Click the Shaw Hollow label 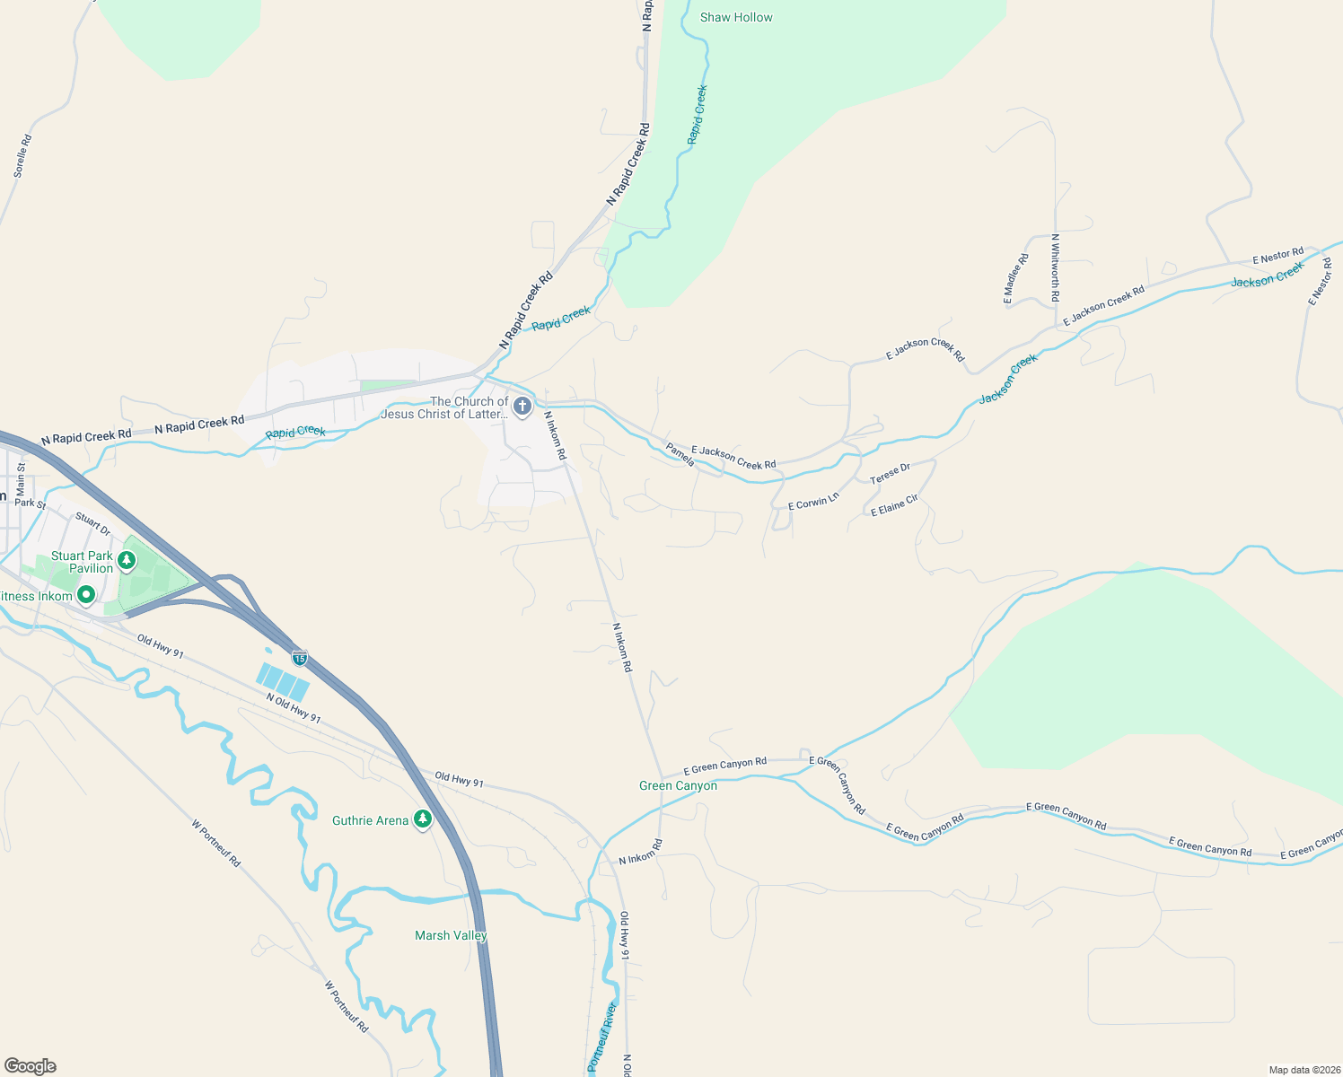click(x=736, y=17)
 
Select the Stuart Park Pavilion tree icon click(x=127, y=561)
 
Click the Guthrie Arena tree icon click(x=423, y=819)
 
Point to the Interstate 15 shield click(x=300, y=658)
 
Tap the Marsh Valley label click(x=451, y=935)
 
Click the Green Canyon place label click(x=678, y=785)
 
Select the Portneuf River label click(x=602, y=1036)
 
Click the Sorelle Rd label click(x=22, y=155)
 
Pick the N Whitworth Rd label click(x=1056, y=268)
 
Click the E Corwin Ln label click(x=813, y=501)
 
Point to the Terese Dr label click(x=890, y=474)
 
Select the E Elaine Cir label click(x=894, y=506)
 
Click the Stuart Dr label click(x=92, y=524)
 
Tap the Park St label click(x=30, y=503)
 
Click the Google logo click(x=31, y=1066)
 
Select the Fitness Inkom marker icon click(x=86, y=594)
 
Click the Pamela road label click(x=680, y=454)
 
